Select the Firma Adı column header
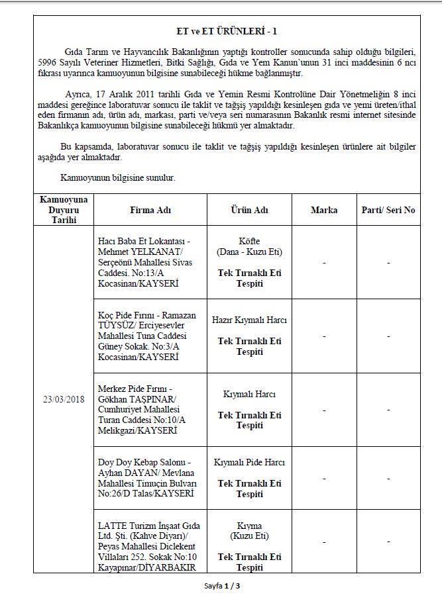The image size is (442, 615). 150,210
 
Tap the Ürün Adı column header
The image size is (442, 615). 249,210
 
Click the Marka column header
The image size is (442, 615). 323,210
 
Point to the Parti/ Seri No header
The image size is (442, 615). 388,210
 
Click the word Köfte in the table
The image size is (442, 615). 249,241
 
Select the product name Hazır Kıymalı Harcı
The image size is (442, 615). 249,320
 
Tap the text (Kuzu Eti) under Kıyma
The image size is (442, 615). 249,536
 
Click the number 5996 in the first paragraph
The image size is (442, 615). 50,62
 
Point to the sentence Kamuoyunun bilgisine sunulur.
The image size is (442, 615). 117,178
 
